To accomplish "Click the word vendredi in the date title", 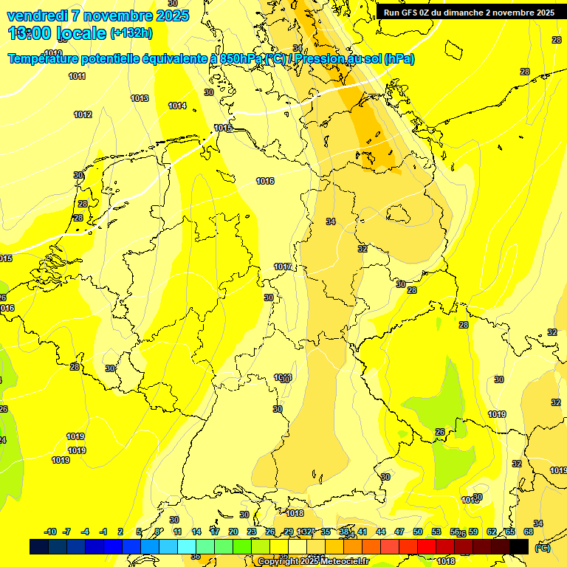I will (36, 16).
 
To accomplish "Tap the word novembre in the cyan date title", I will (111, 16).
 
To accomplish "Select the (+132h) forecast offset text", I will (131, 33).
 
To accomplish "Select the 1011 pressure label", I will (77, 76).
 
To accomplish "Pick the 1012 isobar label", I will (83, 114).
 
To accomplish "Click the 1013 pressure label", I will (140, 98).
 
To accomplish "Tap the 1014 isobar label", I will (177, 106).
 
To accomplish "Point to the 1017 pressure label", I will (283, 267).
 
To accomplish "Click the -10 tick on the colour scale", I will (50, 532).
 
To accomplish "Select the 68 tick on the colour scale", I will (529, 532).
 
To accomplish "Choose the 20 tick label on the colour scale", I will (233, 532).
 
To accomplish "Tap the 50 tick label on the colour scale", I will (418, 532).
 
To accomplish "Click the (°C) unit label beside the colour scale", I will (542, 547).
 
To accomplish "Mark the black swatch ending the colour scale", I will (519, 546).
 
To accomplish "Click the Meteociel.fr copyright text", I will (313, 562).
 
